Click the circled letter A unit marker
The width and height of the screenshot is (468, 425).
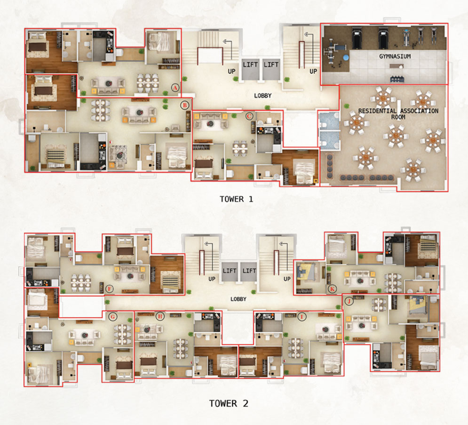tap(175, 88)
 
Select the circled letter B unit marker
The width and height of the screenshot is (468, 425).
tap(185, 105)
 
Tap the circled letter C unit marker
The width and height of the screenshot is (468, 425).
tap(249, 116)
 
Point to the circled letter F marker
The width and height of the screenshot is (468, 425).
tap(110, 289)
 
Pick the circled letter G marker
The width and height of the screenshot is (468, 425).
tap(112, 317)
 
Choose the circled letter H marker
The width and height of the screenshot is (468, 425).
tap(160, 316)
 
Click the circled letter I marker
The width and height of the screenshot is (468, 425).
tap(302, 317)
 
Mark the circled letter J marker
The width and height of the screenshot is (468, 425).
tap(349, 301)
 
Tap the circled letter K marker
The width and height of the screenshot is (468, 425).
tap(332, 289)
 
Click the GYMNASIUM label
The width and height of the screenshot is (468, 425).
tap(395, 56)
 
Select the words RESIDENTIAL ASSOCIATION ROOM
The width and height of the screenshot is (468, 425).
tap(398, 114)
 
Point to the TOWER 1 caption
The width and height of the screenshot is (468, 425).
tap(237, 199)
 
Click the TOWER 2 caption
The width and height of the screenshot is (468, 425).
tap(229, 403)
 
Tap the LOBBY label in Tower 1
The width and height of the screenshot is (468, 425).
tap(262, 96)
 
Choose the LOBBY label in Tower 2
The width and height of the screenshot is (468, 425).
tap(238, 299)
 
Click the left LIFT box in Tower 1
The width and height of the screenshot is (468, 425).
tap(250, 69)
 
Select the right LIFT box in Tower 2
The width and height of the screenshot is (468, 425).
tap(249, 272)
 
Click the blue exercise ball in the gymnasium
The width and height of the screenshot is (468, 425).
tap(346, 57)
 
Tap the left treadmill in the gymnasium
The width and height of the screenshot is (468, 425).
tap(357, 38)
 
